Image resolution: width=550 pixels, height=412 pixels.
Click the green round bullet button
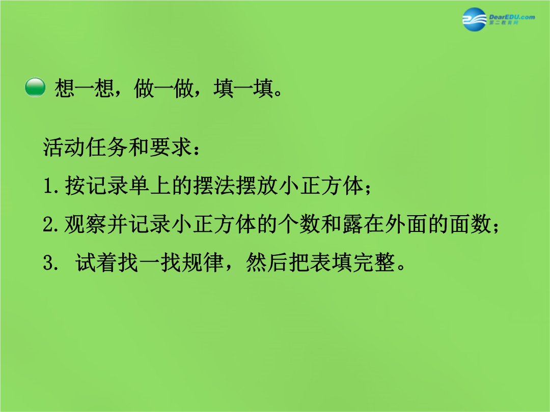35,87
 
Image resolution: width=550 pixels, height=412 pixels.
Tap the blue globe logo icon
474,19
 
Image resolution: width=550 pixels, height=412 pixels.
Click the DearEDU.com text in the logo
512,17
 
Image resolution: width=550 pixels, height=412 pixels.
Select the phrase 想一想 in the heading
85,88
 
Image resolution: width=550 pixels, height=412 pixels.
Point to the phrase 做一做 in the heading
164,88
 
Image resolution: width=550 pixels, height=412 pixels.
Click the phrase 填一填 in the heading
243,88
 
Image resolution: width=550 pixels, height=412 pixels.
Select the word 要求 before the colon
171,147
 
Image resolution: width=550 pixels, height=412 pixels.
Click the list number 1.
48,186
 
